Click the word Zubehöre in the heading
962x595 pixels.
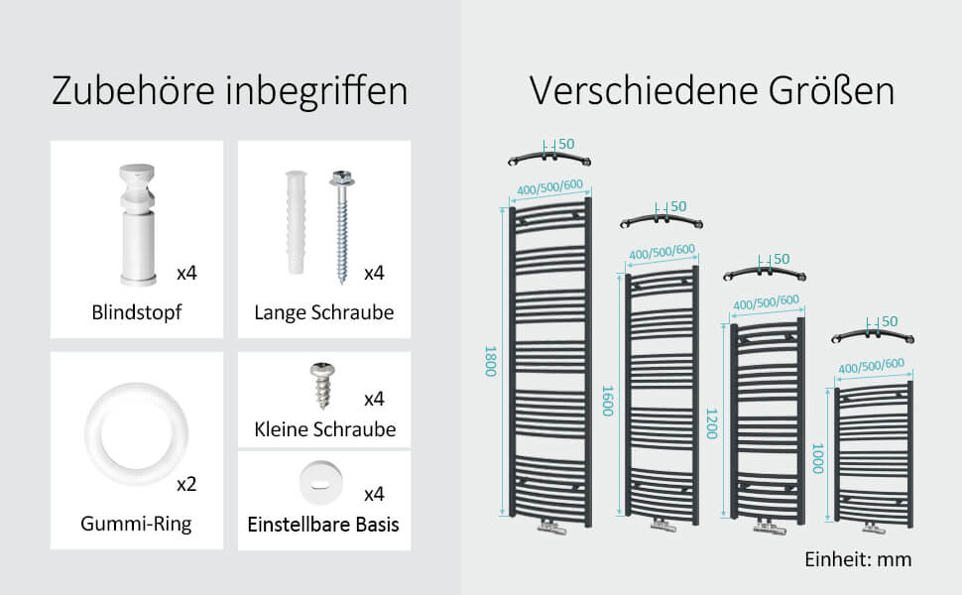click(133, 91)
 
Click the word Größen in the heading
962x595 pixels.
click(831, 91)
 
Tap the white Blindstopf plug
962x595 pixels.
click(138, 224)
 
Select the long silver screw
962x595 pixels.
click(342, 226)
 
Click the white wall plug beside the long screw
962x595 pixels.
click(296, 222)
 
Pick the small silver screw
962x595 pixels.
click(322, 386)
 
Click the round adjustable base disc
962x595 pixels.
click(320, 483)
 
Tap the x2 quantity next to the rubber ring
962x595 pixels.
click(186, 485)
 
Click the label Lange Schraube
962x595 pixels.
click(324, 312)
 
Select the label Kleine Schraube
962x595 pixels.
click(325, 429)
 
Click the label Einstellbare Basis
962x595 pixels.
click(323, 525)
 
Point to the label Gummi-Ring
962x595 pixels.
click(136, 524)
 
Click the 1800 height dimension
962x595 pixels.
click(490, 361)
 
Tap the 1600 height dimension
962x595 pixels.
click(607, 401)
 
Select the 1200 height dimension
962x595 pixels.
click(712, 423)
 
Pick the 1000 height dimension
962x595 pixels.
click(817, 458)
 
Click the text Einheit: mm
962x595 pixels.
click(858, 559)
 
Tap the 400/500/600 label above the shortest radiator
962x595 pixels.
click(871, 366)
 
